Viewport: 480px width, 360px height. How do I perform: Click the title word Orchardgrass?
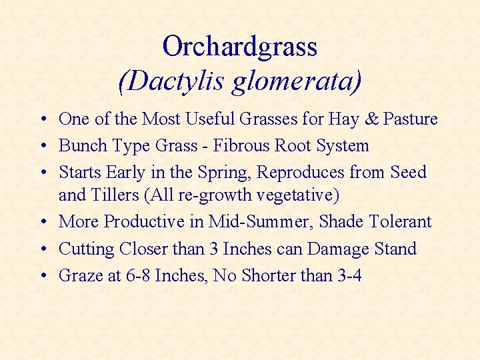239,47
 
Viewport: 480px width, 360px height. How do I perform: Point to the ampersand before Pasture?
372,119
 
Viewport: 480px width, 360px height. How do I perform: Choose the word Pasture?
410,119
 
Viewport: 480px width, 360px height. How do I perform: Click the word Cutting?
87,249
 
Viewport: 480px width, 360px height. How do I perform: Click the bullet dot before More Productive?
42,222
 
